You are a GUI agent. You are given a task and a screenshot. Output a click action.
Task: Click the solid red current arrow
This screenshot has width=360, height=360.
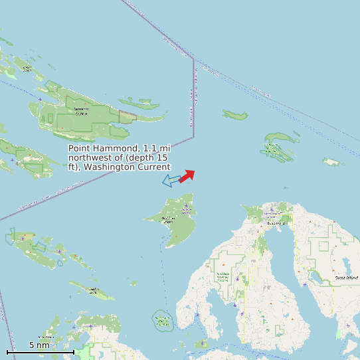click(x=187, y=175)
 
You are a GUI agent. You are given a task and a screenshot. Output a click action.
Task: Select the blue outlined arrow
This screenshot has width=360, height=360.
click(x=171, y=180)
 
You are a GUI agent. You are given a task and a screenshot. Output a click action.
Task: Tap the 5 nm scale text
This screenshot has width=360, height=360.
click(x=39, y=345)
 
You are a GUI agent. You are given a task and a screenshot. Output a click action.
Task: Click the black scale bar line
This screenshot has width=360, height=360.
click(x=40, y=351)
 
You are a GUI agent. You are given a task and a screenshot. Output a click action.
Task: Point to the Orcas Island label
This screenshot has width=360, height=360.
click(x=346, y=277)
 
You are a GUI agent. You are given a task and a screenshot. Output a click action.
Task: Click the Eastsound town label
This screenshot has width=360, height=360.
click(x=274, y=223)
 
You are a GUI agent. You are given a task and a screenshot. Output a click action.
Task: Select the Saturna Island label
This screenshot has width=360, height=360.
click(x=81, y=111)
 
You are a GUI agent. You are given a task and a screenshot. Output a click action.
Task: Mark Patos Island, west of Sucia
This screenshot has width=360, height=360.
click(x=235, y=116)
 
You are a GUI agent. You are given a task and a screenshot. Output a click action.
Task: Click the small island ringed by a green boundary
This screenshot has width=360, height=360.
click(x=163, y=321)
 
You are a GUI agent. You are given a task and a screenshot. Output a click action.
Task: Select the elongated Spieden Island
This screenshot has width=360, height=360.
click(x=92, y=290)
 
